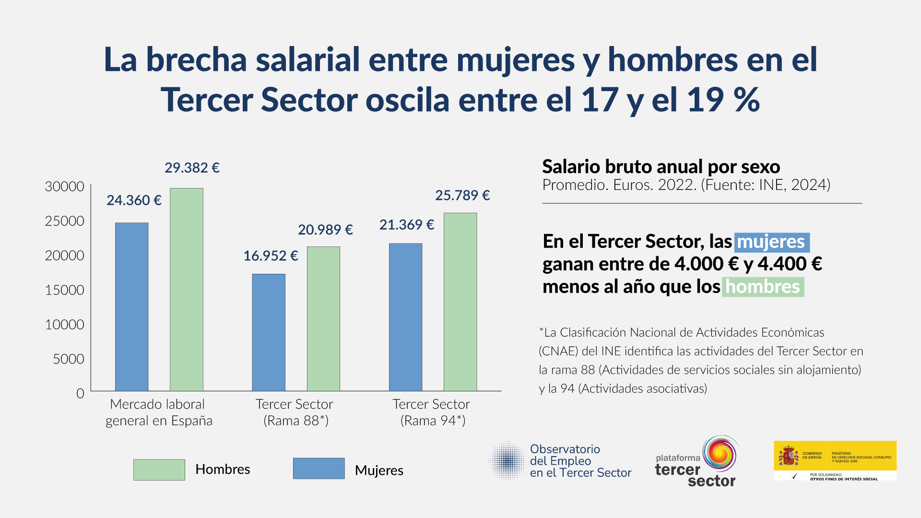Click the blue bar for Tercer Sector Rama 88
[269, 332]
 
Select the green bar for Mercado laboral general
[187, 289]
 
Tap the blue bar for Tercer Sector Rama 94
[405, 317]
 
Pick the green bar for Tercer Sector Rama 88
[323, 318]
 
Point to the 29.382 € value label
[192, 168]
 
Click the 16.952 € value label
[271, 256]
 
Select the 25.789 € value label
[462, 195]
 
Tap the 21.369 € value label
[407, 224]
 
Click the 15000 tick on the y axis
[64, 290]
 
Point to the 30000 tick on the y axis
[64, 187]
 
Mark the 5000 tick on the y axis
[68, 359]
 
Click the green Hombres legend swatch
[159, 470]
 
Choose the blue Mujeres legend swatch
[319, 469]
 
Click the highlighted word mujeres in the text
[771, 242]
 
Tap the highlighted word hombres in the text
[763, 287]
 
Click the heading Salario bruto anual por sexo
[661, 167]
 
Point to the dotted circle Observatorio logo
[508, 460]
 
